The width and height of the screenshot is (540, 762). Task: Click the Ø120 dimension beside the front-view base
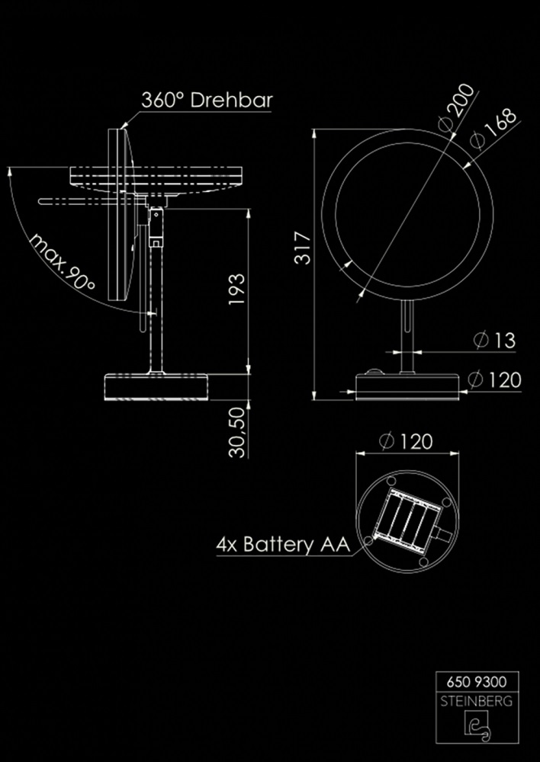(496, 379)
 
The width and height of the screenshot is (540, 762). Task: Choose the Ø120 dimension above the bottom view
(405, 440)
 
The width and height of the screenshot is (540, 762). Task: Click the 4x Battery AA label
(282, 544)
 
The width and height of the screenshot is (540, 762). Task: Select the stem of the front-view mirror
(407, 335)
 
